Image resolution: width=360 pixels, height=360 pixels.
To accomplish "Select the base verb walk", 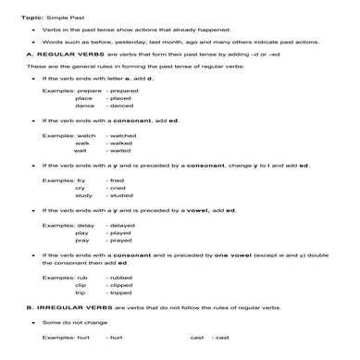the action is pos(82,143).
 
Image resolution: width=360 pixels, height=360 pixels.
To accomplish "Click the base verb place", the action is pos(83,97).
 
